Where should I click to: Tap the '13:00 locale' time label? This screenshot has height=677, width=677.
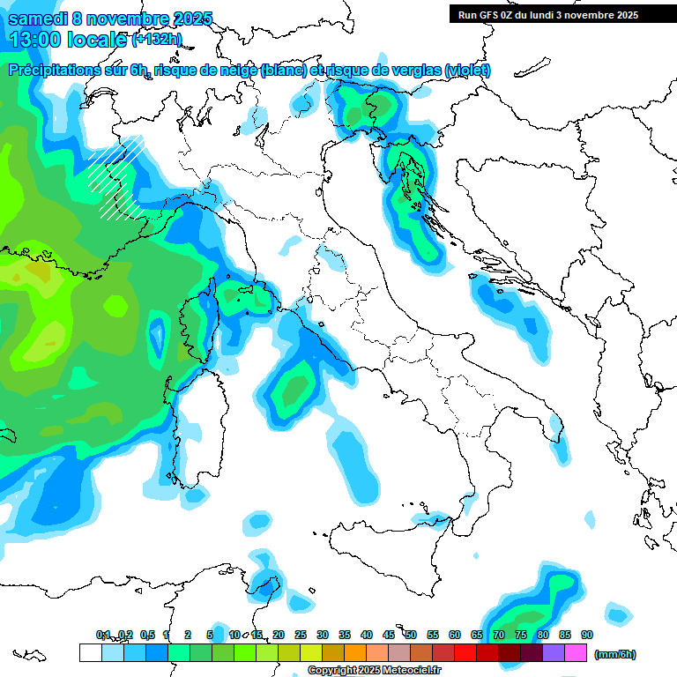(67, 39)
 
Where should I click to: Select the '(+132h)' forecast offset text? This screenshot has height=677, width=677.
(158, 39)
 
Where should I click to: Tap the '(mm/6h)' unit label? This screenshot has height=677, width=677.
(614, 654)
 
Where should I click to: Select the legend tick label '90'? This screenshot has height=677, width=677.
(586, 635)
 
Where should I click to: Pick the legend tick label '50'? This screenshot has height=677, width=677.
(411, 635)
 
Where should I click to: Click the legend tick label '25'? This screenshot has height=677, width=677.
(301, 635)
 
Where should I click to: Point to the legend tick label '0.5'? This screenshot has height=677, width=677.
(146, 635)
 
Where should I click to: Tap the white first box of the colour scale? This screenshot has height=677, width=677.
(90, 653)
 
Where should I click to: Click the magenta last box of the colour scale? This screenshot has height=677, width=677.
(576, 653)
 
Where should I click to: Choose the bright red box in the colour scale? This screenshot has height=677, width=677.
(465, 653)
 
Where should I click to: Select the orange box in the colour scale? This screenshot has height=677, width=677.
(355, 653)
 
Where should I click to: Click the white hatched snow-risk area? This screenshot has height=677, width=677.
(115, 176)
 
